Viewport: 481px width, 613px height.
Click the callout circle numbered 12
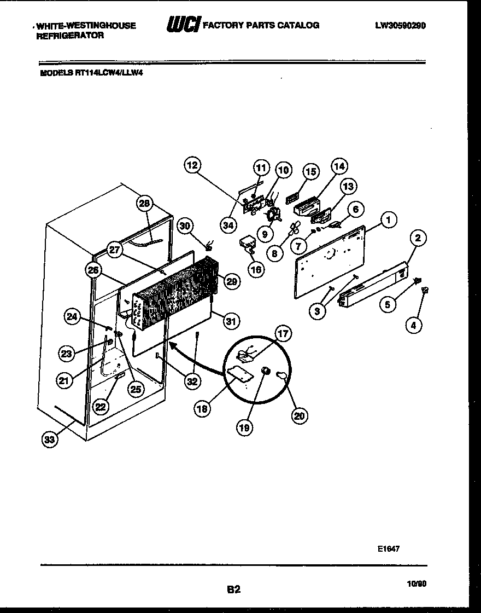tap(193, 166)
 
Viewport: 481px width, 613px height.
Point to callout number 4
tap(413, 326)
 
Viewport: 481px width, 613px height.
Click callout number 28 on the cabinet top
tap(144, 204)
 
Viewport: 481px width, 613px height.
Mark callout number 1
tap(388, 221)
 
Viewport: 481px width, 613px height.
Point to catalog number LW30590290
tap(400, 25)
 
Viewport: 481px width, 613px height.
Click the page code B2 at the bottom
tap(233, 589)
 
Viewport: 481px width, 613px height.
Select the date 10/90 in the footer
tap(417, 584)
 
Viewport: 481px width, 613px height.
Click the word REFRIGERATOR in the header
tap(69, 36)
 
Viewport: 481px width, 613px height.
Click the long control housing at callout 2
tap(372, 285)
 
